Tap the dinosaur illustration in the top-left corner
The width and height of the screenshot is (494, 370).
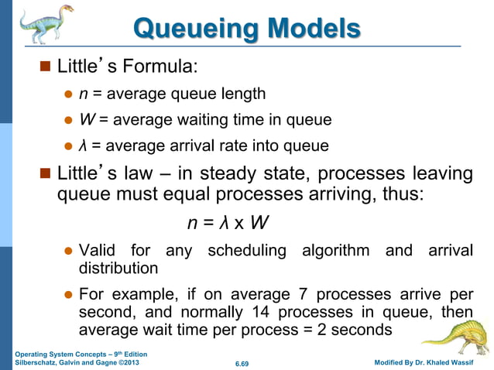pos(43,29)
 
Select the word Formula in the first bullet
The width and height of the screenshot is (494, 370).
pos(163,67)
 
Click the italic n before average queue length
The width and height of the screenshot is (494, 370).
pos(83,94)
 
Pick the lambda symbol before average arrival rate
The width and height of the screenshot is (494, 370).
pos(83,145)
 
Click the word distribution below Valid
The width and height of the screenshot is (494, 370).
pos(118,268)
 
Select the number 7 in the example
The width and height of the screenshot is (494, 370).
pos(304,295)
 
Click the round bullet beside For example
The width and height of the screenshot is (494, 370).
pos(67,295)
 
